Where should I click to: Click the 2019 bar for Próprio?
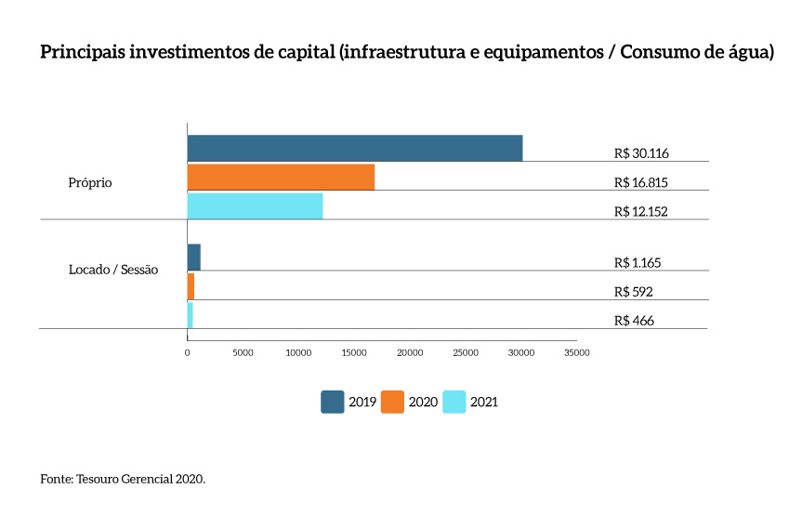point(354,148)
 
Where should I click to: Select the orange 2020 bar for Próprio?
point(281,177)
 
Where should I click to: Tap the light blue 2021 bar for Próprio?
point(255,205)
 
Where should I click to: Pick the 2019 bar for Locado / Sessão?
point(193,257)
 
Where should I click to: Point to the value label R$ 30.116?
point(642,153)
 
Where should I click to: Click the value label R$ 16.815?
point(642,182)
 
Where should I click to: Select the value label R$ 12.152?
point(642,211)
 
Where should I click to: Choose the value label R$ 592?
point(634,292)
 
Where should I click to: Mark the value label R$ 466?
point(634,321)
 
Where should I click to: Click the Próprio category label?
point(90,183)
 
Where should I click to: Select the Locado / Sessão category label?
point(113,270)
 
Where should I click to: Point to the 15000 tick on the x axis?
point(354,353)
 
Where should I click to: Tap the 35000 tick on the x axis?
point(576,353)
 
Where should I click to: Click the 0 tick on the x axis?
point(188,353)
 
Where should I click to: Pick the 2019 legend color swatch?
point(332,402)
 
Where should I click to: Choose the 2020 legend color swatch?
point(392,402)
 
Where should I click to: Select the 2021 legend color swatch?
point(454,402)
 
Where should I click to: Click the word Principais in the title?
point(83,52)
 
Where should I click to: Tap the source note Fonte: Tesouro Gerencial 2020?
point(123,479)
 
